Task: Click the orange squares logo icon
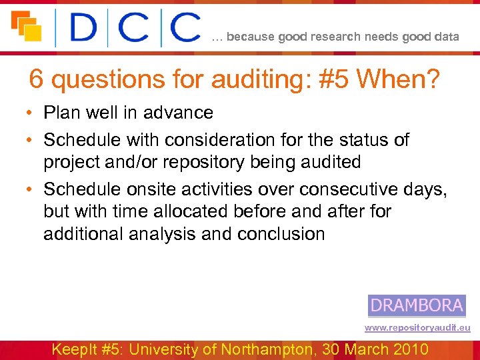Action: [26, 26]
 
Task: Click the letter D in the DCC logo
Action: [84, 28]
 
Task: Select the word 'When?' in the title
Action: [398, 80]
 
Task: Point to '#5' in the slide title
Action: [331, 80]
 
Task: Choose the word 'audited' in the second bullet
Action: [329, 162]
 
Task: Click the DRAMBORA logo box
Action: [416, 305]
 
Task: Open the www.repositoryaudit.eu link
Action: [417, 328]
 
